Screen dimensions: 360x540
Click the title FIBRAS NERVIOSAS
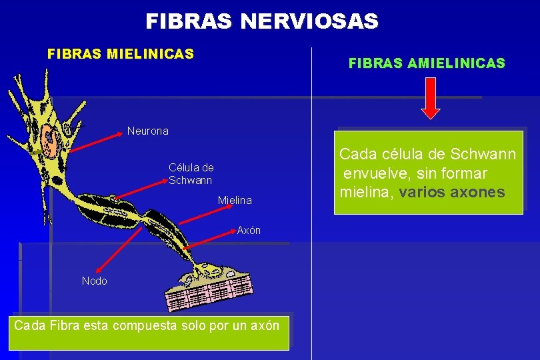point(262,22)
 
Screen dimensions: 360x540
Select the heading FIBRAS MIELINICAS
point(121,53)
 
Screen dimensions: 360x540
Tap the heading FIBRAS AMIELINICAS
point(427,64)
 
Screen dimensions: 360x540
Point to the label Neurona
point(148,131)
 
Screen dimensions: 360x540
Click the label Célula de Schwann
point(191,174)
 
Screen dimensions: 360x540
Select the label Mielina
point(235,200)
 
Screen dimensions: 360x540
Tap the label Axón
point(249,231)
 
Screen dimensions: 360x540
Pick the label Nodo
point(94,281)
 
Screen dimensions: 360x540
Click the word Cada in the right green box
point(357,154)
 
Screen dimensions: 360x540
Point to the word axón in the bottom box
point(265,326)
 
